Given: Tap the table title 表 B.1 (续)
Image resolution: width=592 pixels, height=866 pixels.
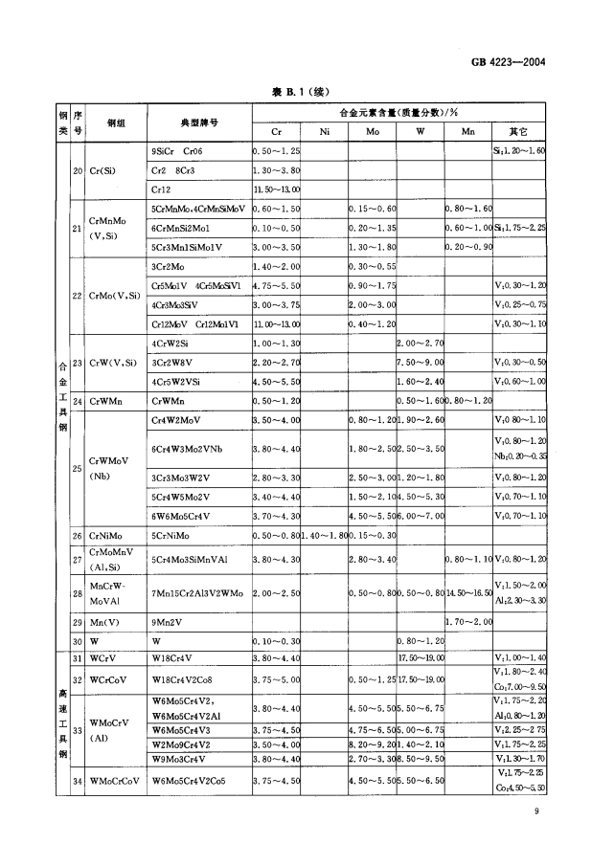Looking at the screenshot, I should click(x=296, y=92).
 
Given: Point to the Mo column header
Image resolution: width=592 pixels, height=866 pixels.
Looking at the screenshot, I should click(x=372, y=131).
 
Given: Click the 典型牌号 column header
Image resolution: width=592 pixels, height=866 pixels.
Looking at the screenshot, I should click(x=199, y=122).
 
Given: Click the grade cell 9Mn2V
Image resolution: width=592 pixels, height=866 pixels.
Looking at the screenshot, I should click(x=168, y=622).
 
